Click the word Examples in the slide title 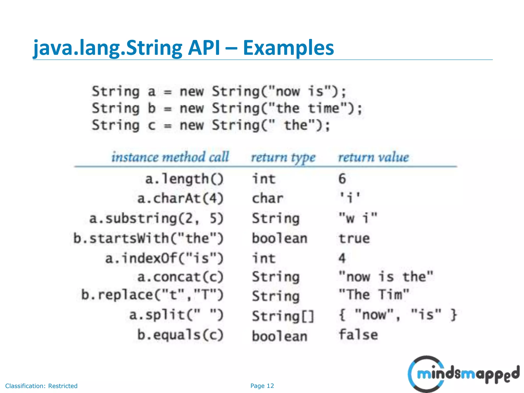pos(288,48)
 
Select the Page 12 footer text pos(262,386)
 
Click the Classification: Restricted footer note pos(41,386)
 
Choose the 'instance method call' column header pos(170,157)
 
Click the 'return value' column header pos(374,157)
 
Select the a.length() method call pos(184,179)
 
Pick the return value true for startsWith pos(354,238)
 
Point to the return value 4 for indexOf pos(342,258)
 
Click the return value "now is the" pos(386,277)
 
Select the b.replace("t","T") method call pos(152,295)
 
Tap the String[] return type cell pos(283,316)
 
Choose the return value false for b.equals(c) pos(358,335)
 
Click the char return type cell pos(268,198)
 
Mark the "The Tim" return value pos(374,295)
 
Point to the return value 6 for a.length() pos(342,179)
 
